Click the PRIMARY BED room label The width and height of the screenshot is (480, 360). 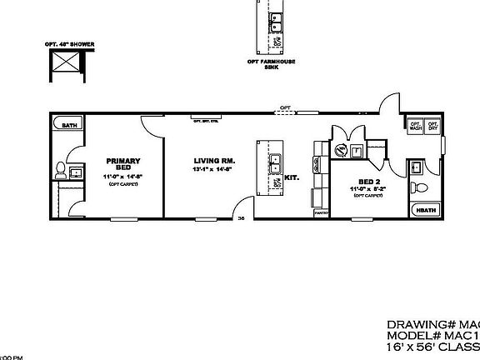[x=122, y=163]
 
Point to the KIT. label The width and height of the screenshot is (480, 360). [x=292, y=177]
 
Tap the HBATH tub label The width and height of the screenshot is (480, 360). [x=426, y=211]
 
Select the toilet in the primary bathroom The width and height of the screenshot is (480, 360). [x=58, y=171]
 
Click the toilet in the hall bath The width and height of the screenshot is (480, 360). [x=419, y=185]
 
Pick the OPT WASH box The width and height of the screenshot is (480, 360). [x=415, y=125]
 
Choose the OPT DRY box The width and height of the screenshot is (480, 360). [x=432, y=125]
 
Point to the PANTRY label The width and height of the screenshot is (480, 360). [x=320, y=212]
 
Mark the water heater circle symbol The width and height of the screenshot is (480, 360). [x=341, y=151]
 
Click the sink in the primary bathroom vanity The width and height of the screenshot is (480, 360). [x=75, y=172]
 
